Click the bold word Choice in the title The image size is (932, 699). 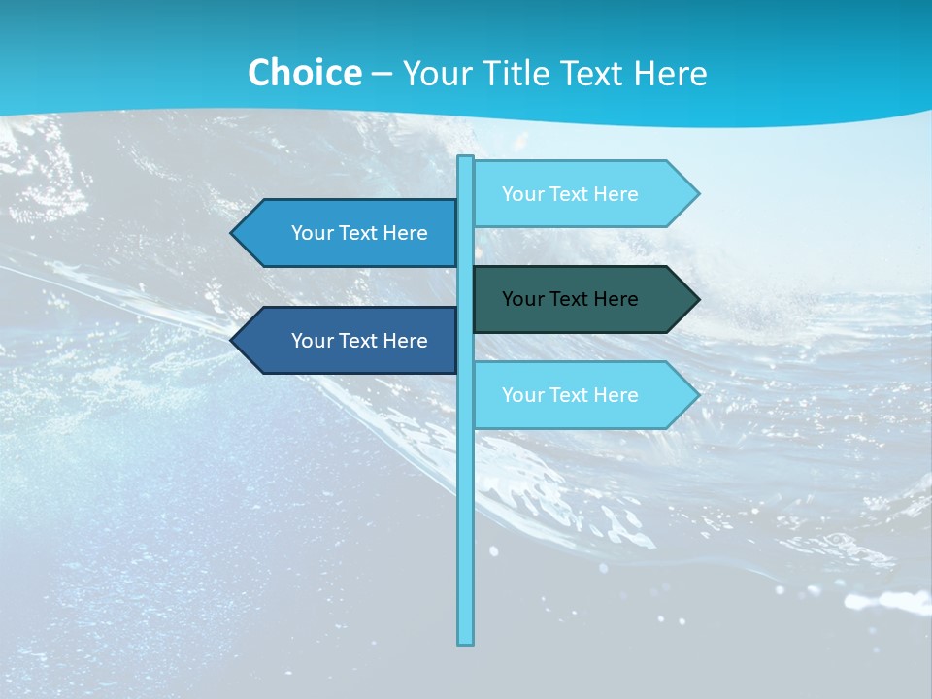pyautogui.click(x=304, y=73)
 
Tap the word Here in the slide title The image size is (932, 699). pyautogui.click(x=670, y=73)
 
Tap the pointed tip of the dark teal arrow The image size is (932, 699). pyautogui.click(x=697, y=299)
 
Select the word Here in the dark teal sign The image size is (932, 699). pyautogui.click(x=616, y=299)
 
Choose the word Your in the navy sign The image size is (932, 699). pyautogui.click(x=313, y=341)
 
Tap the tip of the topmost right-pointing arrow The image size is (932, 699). pyautogui.click(x=697, y=194)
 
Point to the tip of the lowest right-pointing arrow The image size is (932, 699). pyautogui.click(x=697, y=395)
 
